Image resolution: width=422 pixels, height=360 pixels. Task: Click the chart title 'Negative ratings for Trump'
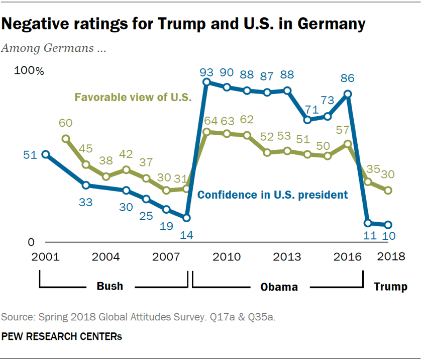tap(183, 24)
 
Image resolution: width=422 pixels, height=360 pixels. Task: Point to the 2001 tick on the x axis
tap(46, 256)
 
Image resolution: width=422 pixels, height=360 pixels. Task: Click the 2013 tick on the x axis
tap(287, 256)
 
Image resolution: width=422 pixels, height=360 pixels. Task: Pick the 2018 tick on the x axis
tap(390, 256)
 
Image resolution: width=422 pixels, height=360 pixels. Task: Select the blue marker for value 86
tap(347, 94)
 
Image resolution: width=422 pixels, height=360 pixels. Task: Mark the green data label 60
tap(66, 124)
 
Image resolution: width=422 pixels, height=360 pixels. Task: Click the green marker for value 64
tap(206, 132)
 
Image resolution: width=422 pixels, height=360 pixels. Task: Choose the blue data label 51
tap(31, 155)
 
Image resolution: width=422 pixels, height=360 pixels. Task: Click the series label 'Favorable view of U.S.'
tap(133, 98)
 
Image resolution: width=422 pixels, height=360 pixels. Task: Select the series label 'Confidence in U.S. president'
tap(272, 195)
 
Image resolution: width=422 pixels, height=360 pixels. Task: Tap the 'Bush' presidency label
tap(110, 287)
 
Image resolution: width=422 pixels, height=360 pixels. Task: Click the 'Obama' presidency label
tap(279, 287)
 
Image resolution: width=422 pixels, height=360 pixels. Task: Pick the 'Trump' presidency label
tap(390, 287)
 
